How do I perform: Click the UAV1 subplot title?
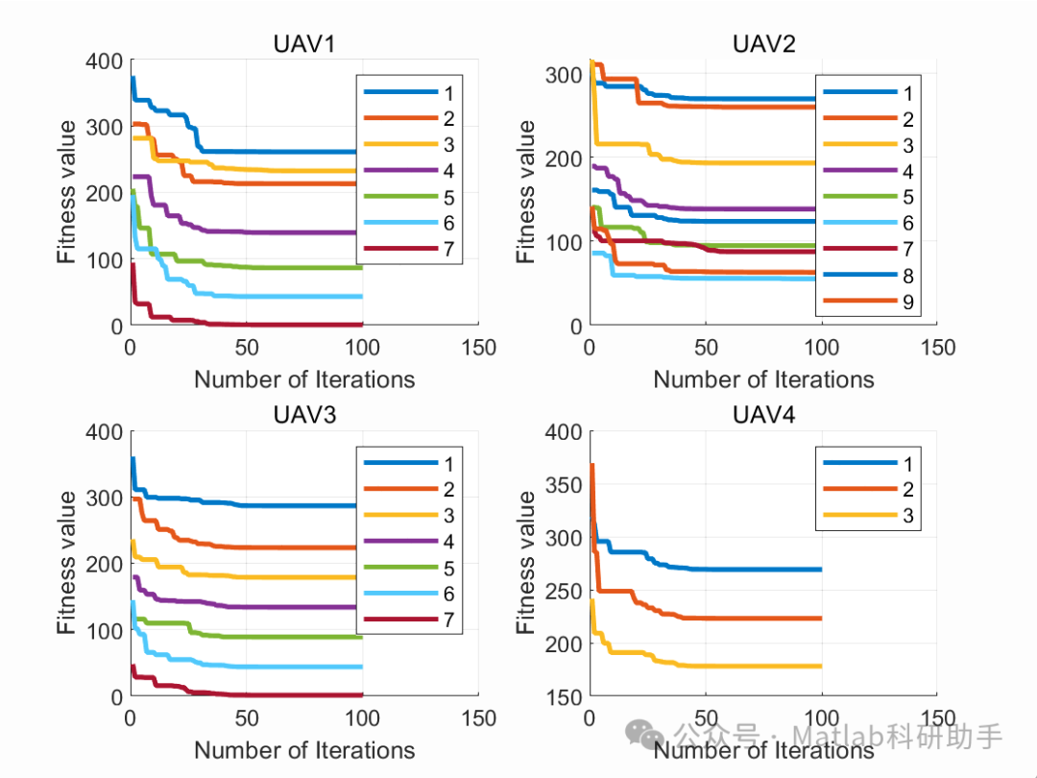tap(304, 44)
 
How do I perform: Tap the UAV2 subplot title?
tap(763, 44)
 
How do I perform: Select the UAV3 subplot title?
tap(304, 415)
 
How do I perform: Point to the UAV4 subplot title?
tap(763, 415)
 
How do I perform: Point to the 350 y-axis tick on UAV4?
tap(564, 485)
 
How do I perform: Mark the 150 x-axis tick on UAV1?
tap(477, 347)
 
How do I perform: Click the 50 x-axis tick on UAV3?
tap(247, 717)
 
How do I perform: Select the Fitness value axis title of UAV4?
tap(526, 562)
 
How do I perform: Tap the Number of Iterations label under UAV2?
tap(763, 379)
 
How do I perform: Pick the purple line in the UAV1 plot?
tap(269, 232)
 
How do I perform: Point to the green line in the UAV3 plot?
tap(288, 637)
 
